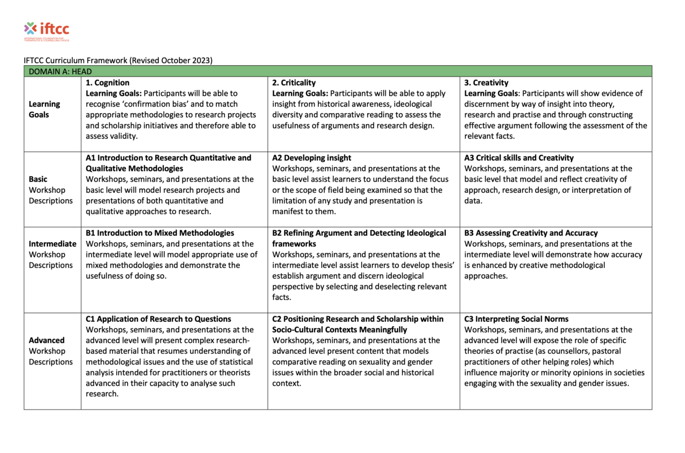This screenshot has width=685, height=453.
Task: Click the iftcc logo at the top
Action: click(47, 31)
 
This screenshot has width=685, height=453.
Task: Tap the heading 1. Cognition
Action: click(108, 82)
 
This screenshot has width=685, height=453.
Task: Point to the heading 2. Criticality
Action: click(294, 82)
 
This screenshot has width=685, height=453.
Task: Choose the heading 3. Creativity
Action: click(486, 82)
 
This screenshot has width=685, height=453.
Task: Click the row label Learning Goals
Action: click(44, 109)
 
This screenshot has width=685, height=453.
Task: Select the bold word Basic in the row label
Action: click(38, 179)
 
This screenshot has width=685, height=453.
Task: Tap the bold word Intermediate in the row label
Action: click(52, 244)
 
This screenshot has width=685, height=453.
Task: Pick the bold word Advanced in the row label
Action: click(47, 340)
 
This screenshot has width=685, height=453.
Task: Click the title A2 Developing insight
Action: click(311, 158)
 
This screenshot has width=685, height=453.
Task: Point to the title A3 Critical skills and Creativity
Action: click(519, 158)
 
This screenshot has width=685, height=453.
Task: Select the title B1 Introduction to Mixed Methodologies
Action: click(160, 233)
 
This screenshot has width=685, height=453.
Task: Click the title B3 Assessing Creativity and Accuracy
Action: click(531, 233)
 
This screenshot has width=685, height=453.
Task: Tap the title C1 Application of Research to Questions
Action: click(158, 319)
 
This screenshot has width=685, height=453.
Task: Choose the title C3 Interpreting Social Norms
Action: click(516, 319)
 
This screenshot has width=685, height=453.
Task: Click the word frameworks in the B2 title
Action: click(294, 244)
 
